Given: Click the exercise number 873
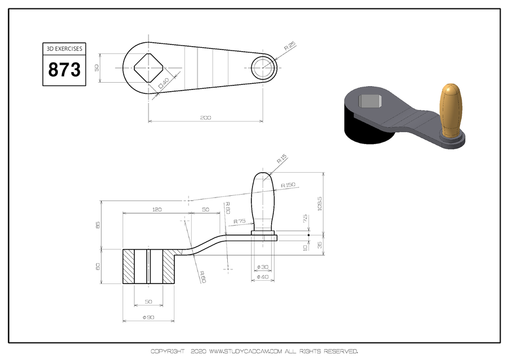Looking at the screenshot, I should pos(64,70).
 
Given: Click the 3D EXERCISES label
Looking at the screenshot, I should pos(64,49).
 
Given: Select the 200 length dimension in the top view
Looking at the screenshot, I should pos(205,118).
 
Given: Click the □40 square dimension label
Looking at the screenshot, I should pos(164,84).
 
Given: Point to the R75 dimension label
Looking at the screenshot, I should pos(240,222).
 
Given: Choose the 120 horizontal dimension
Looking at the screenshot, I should pos(156,209).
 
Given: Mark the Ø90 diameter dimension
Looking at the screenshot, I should pos(148,318).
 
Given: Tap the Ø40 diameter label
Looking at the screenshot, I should pos(262,277).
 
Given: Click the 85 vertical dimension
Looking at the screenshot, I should pos(98,225).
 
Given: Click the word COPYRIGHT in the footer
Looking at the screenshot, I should pos(167,352).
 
